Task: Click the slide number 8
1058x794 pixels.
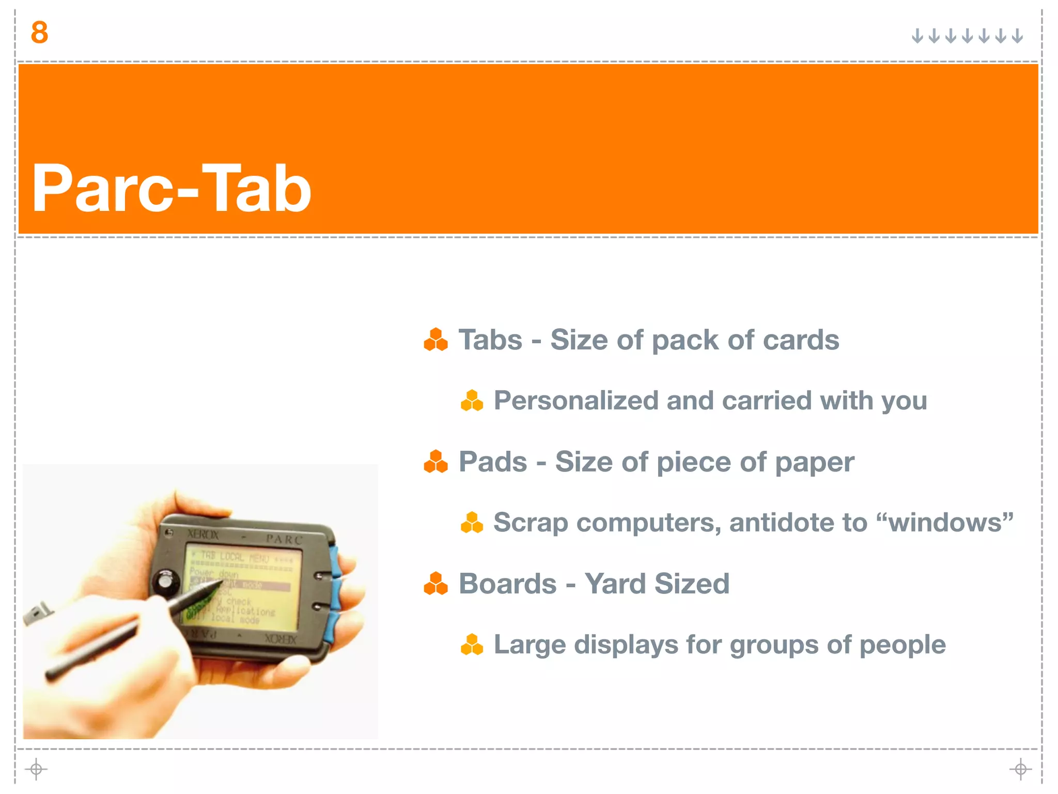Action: [x=39, y=33]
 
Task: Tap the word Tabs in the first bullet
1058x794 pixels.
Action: [x=490, y=340]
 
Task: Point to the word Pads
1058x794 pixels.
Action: [x=493, y=462]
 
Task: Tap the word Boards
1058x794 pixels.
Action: [x=507, y=584]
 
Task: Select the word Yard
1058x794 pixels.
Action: [x=615, y=584]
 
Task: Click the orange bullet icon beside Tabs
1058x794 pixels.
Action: [x=435, y=340]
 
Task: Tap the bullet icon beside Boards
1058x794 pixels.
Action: [x=435, y=584]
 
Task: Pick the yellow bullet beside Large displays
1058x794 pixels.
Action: [x=472, y=645]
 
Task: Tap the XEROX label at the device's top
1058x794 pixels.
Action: [x=203, y=534]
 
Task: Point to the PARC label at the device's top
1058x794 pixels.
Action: [x=284, y=540]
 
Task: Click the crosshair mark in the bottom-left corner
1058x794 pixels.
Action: [x=36, y=769]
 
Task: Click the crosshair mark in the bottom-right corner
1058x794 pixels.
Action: [x=1020, y=769]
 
